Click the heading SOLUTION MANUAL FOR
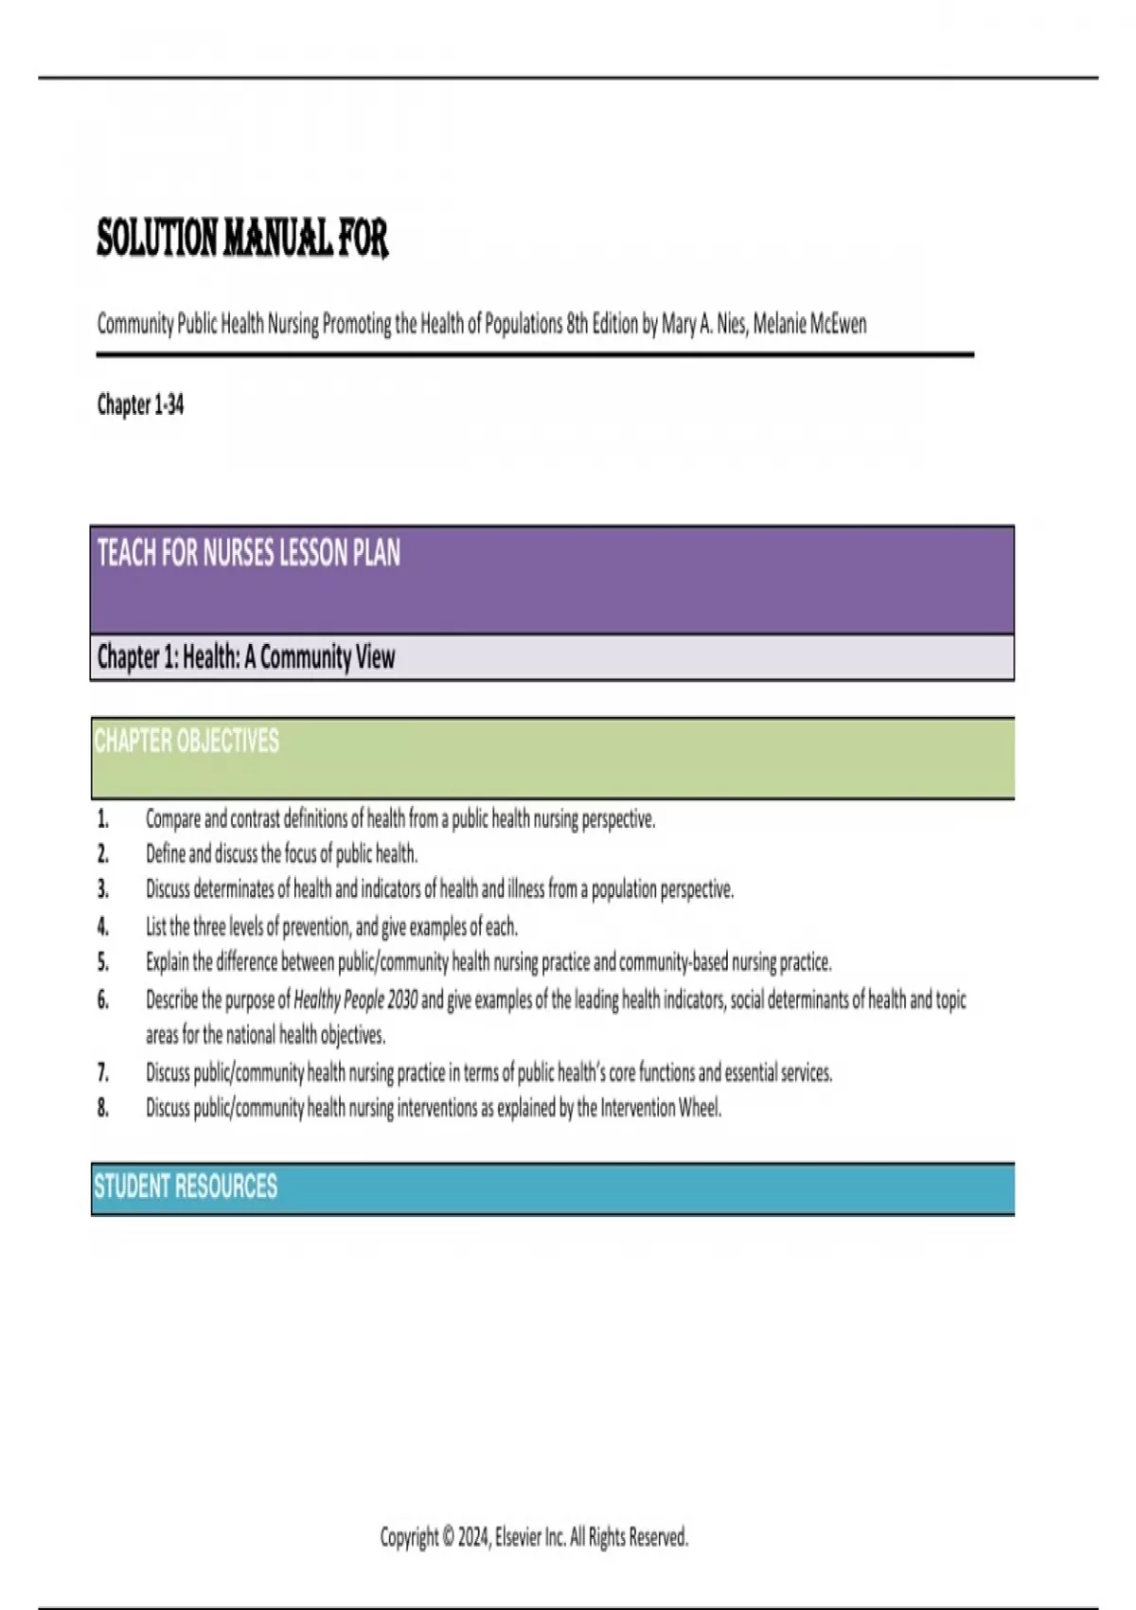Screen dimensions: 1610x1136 242,238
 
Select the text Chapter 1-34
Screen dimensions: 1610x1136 140,405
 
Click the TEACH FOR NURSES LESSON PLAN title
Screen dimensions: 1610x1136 249,553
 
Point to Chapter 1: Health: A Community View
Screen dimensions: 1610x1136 246,657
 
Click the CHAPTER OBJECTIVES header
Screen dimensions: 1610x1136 186,741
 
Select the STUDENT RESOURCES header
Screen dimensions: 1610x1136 186,1187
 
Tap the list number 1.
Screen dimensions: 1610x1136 103,818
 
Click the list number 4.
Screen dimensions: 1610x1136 103,926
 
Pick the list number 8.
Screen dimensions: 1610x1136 103,1107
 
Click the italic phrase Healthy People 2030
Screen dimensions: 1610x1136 355,999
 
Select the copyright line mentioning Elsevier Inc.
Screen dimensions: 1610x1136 534,1536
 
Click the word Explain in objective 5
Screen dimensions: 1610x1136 167,962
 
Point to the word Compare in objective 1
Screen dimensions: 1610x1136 172,818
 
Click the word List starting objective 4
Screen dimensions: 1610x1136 156,926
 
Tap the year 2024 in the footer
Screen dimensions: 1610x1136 472,1536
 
